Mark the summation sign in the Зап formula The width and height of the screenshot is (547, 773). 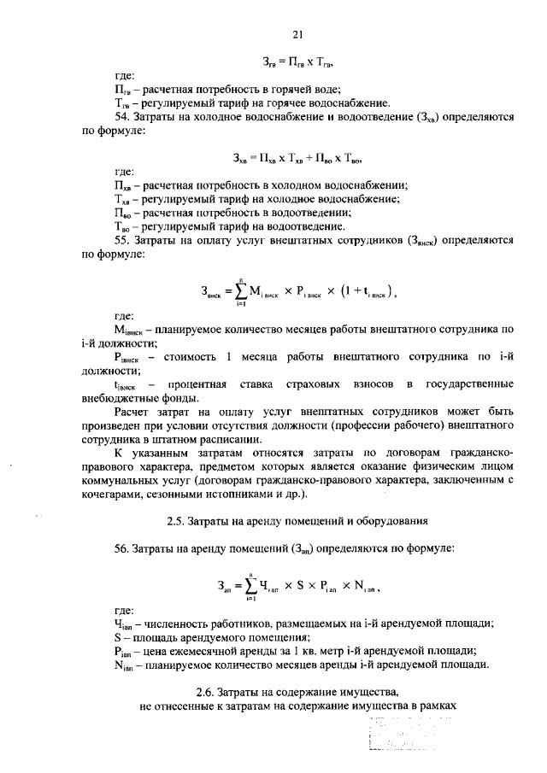(249, 584)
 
